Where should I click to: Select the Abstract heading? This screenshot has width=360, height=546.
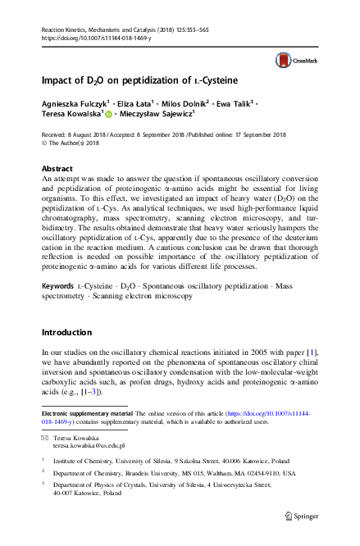tap(57, 168)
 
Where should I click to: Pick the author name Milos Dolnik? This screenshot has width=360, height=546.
tap(180, 107)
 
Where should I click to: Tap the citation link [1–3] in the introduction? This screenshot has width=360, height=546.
tap(88, 394)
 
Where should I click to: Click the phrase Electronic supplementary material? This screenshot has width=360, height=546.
tap(88, 416)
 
